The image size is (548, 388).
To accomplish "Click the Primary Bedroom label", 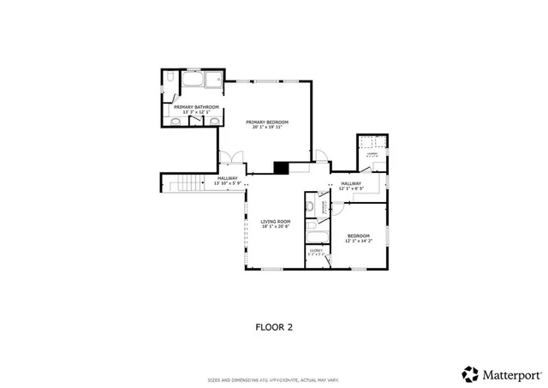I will tap(266, 122).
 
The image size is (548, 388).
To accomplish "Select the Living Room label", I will tap(276, 222).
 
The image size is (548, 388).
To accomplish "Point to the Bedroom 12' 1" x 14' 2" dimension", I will tap(358, 241).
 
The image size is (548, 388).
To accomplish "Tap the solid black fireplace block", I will tap(281, 168).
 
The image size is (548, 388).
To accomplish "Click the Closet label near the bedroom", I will tap(316, 251).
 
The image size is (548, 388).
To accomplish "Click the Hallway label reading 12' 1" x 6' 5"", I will tap(351, 188).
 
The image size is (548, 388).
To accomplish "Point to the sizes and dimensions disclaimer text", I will tap(274, 380).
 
